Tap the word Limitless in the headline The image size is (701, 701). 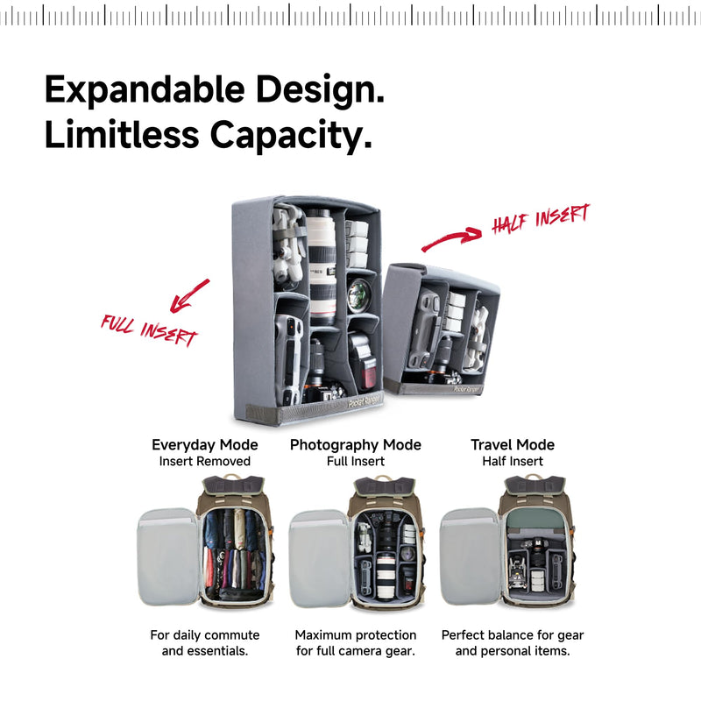click(x=122, y=135)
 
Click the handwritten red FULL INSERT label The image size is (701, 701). click(x=149, y=330)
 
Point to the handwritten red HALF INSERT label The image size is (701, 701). click(x=541, y=218)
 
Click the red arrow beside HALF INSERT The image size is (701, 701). click(x=451, y=239)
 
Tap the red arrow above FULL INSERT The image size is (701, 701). click(x=189, y=295)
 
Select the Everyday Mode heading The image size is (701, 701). click(x=205, y=445)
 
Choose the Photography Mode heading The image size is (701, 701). click(x=356, y=445)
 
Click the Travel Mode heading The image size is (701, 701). click(x=513, y=445)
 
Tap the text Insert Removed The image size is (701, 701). click(x=205, y=461)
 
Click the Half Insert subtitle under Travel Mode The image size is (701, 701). click(x=513, y=461)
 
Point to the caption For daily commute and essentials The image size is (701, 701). click(x=205, y=643)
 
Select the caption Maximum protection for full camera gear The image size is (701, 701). click(x=356, y=643)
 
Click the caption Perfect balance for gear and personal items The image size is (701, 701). click(x=513, y=643)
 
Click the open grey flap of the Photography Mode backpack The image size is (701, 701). click(x=319, y=559)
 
